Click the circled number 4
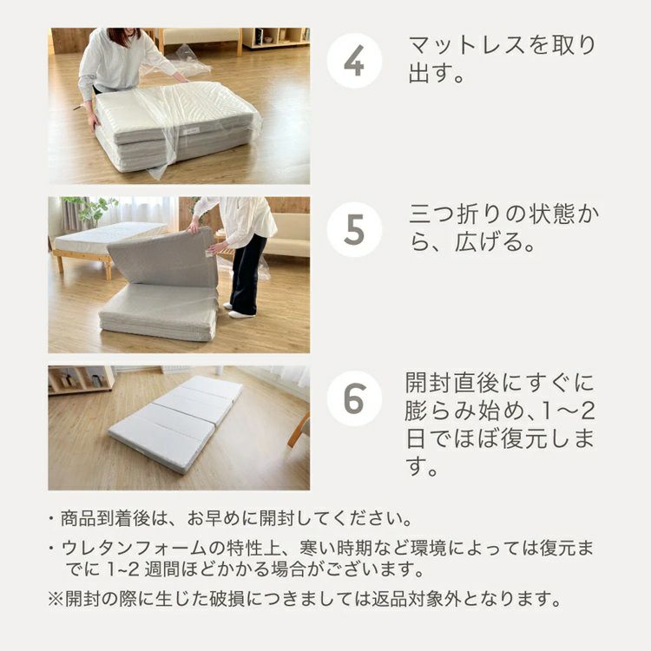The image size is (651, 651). [x=354, y=61]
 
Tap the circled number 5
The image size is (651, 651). [x=354, y=230]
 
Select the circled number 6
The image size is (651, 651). [x=354, y=398]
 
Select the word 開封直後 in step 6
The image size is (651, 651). [x=452, y=383]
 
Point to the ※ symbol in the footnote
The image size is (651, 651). [x=56, y=599]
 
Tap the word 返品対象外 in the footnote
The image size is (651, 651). [x=417, y=599]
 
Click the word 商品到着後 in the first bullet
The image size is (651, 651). [x=105, y=518]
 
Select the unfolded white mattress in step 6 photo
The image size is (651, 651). [x=175, y=424]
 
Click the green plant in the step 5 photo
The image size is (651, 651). [x=92, y=210]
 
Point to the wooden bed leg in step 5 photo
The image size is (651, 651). [x=108, y=268]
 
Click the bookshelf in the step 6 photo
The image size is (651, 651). [x=81, y=380]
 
